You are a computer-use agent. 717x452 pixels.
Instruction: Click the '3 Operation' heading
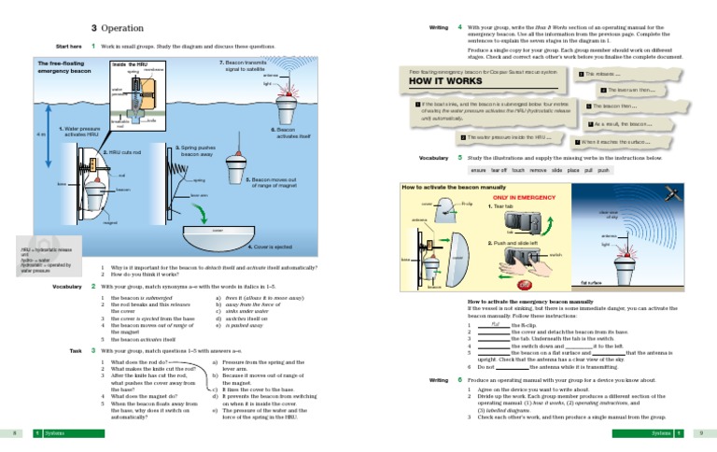(x=117, y=29)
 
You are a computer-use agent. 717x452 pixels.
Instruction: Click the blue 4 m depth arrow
(x=46, y=134)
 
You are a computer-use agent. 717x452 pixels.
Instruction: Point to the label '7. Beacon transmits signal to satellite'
(x=246, y=65)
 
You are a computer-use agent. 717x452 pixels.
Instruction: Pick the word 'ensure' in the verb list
(x=478, y=171)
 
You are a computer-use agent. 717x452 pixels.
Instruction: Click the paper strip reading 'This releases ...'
(x=611, y=73)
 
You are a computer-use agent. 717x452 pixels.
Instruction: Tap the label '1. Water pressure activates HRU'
(x=82, y=133)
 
